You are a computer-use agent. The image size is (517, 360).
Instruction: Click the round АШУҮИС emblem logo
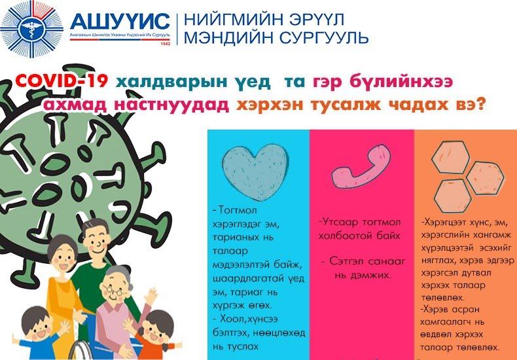click(31, 29)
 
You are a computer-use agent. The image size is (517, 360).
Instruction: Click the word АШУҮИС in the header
click(120, 22)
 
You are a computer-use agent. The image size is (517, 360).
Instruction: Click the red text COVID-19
click(62, 81)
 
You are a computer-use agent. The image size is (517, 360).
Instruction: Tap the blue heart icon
click(255, 171)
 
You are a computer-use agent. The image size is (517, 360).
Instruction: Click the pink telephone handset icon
click(361, 166)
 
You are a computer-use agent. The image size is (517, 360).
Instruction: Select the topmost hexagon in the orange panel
click(450, 157)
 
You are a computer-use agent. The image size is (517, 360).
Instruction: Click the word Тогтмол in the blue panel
click(237, 210)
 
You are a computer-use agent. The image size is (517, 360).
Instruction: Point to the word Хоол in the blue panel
click(231, 319)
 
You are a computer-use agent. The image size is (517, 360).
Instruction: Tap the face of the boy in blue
click(39, 327)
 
